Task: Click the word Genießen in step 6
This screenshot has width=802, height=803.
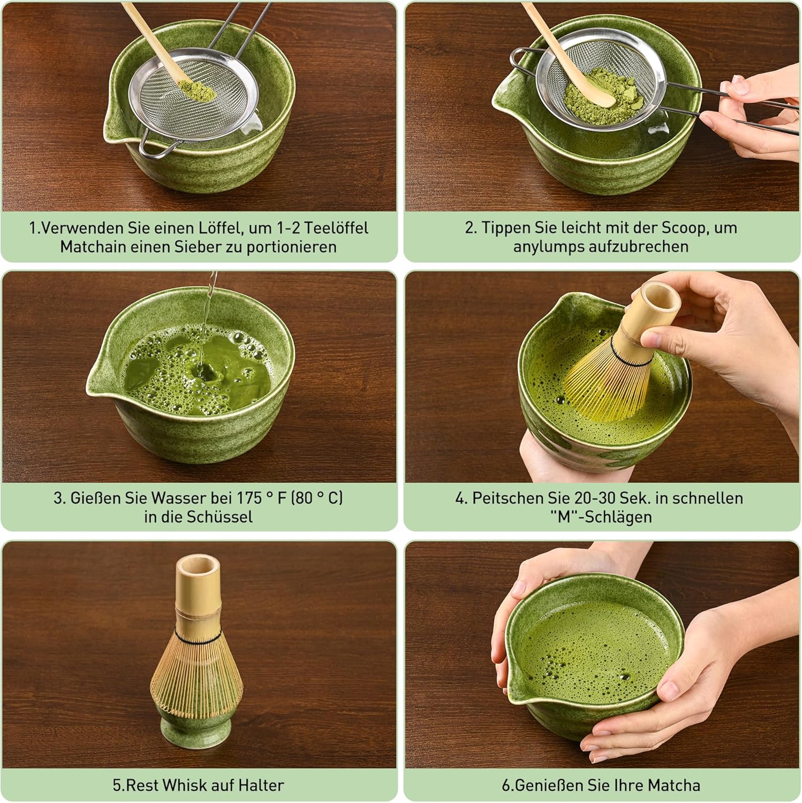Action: coord(548,785)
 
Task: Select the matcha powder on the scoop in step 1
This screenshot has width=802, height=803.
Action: coord(195,88)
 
